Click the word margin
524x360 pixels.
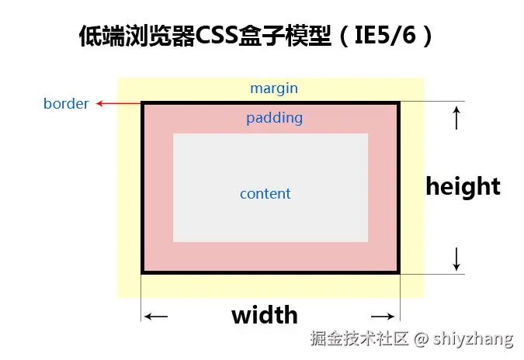pos(273,88)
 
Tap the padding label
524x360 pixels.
pos(274,119)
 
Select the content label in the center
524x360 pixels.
pos(265,194)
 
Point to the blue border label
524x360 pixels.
pos(66,103)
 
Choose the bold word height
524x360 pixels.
pos(463,186)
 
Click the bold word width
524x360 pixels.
pos(265,315)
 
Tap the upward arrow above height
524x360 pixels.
pos(456,118)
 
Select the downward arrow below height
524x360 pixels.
pos(456,257)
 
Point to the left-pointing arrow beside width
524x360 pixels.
pos(157,317)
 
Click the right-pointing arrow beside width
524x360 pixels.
pos(383,317)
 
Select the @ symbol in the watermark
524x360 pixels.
pos(421,338)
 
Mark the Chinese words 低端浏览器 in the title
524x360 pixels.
pos(137,36)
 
